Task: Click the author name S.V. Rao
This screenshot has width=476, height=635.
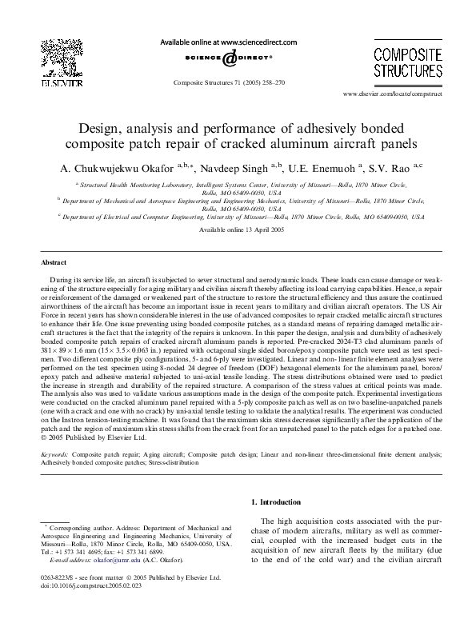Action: pyautogui.click(x=378, y=169)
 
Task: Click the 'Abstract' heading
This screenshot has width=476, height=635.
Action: pyautogui.click(x=54, y=262)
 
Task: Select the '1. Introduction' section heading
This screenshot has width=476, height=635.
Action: pyautogui.click(x=278, y=502)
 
